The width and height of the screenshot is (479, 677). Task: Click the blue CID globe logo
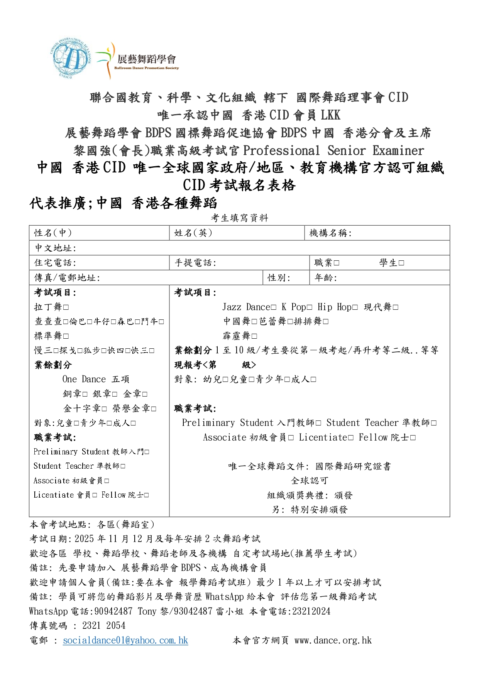click(x=71, y=59)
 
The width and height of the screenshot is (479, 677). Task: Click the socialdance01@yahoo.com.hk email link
click(x=125, y=641)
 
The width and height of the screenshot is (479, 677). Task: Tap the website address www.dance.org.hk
click(x=333, y=641)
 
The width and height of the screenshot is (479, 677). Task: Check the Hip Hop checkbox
click(x=355, y=307)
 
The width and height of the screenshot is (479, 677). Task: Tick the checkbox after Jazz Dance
click(x=274, y=307)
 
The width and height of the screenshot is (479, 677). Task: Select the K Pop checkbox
click(x=310, y=307)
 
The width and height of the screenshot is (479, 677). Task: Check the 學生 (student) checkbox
click(x=401, y=263)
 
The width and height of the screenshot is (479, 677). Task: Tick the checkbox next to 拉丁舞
click(x=66, y=307)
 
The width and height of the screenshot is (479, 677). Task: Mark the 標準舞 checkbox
click(x=66, y=336)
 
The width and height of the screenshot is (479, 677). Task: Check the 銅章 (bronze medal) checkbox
click(x=85, y=394)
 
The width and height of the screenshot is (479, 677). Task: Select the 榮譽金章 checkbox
click(x=154, y=409)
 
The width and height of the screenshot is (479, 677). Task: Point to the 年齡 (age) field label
click(x=325, y=278)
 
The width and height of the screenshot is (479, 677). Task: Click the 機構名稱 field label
click(x=330, y=233)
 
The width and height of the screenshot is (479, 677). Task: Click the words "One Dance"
click(x=84, y=380)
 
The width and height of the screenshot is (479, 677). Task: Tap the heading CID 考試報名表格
click(x=239, y=186)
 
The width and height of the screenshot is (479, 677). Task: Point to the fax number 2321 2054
click(x=104, y=626)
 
